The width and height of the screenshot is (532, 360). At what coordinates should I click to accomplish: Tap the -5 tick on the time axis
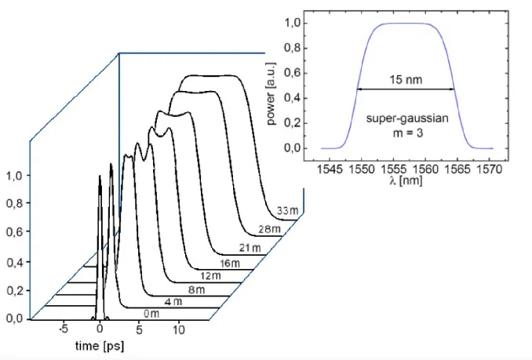(x=66, y=330)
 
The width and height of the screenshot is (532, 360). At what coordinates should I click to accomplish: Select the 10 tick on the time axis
(x=179, y=330)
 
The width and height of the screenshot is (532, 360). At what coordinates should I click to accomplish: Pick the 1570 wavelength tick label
(x=493, y=168)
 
